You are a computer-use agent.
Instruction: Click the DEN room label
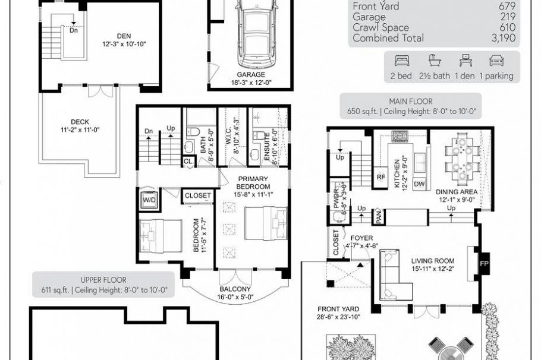click(x=124, y=36)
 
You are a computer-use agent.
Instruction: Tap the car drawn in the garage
click(x=256, y=33)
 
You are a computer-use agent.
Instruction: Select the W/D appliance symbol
click(x=149, y=200)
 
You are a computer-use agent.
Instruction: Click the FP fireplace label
click(x=484, y=264)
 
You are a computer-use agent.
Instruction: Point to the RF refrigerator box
click(x=380, y=177)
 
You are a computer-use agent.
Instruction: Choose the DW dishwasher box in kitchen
click(x=419, y=184)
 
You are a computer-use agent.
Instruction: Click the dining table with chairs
click(x=463, y=156)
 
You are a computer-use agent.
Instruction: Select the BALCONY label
click(x=235, y=289)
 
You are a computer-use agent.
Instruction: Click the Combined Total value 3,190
click(x=504, y=38)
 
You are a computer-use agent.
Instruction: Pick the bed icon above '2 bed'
click(x=401, y=61)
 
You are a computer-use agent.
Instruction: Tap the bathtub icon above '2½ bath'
click(x=435, y=61)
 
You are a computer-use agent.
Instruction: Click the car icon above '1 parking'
click(x=496, y=61)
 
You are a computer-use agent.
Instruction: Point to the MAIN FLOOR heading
click(x=411, y=102)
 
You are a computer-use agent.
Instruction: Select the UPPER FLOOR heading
click(x=103, y=280)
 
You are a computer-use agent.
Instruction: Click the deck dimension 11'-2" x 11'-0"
click(x=80, y=130)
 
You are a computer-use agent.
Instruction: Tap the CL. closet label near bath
click(x=188, y=162)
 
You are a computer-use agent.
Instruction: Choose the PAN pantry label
click(x=379, y=217)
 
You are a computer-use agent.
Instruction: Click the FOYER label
click(x=361, y=238)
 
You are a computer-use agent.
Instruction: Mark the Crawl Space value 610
click(x=507, y=27)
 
